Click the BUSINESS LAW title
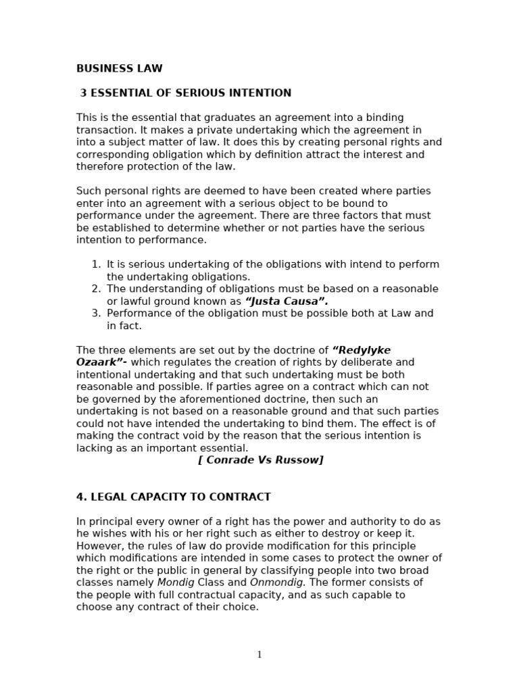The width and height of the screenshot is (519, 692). coord(119,68)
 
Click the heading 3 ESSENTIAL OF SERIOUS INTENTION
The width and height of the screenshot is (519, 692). coord(185,93)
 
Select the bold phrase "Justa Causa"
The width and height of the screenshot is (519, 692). coord(287,301)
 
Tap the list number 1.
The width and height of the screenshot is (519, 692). coord(96,264)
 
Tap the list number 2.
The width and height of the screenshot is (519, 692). coord(96,289)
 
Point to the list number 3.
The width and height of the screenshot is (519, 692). coord(96,314)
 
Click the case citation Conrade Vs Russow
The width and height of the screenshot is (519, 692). coord(260,460)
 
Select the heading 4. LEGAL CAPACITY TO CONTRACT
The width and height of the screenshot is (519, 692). coord(173,497)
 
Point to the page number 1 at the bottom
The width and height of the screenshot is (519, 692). coord(259,655)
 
